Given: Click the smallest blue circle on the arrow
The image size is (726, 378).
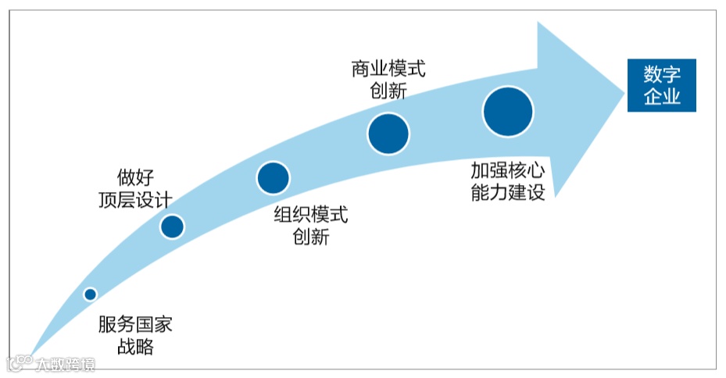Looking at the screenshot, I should point(90,294).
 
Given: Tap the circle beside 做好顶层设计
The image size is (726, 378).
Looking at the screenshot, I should point(172,226).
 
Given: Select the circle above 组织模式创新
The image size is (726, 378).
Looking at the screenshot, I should point(274,178).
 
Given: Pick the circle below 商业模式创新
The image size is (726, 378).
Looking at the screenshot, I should point(388,133).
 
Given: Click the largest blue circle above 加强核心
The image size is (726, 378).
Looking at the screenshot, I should point(508,112).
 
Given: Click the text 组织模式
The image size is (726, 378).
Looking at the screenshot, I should point(310,216).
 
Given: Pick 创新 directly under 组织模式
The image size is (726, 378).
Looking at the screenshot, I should point(310,237).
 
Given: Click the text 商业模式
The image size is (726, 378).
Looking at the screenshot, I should point(388,69).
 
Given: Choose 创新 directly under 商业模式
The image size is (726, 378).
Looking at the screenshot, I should point(388,91).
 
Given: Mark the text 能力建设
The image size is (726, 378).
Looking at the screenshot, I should point(506,193).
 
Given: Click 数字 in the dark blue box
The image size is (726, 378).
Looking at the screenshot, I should point(661,75).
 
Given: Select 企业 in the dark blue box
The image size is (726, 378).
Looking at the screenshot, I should point(661,97).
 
